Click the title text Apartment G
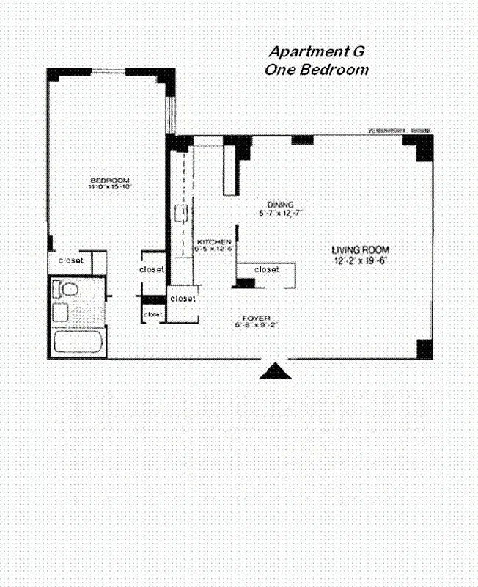(x=317, y=52)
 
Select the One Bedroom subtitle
(x=317, y=70)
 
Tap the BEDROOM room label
(x=109, y=181)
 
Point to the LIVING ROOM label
(x=361, y=249)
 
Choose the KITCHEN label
(x=213, y=241)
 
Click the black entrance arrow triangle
(x=275, y=372)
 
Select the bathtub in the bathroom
(x=78, y=342)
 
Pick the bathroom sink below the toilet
(x=61, y=312)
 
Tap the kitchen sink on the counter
(x=181, y=214)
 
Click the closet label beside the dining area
(x=267, y=269)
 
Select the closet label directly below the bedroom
(x=71, y=260)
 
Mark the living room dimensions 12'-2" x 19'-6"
(x=361, y=260)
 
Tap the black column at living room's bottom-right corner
(x=424, y=349)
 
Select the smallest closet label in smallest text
(x=153, y=314)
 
